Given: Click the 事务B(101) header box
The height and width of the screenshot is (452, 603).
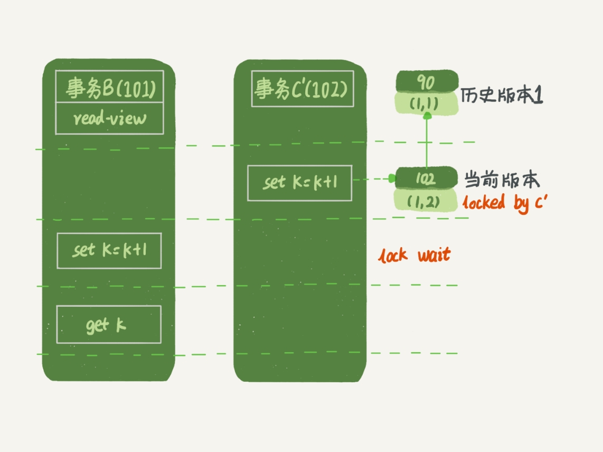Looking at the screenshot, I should (110, 87).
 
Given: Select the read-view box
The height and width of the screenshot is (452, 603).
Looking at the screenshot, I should (110, 118).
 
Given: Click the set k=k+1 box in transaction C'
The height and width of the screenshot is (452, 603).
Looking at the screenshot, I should (299, 183).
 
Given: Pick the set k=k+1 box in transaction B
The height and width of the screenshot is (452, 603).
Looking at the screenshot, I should (109, 250).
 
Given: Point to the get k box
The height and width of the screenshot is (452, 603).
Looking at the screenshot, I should (109, 324).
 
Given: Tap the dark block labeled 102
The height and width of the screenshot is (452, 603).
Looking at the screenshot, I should (426, 178).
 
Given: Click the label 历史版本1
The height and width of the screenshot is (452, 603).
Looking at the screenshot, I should (501, 96).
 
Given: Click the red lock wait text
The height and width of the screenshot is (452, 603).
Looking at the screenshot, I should (414, 256).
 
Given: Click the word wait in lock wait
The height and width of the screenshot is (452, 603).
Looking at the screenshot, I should (434, 256).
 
